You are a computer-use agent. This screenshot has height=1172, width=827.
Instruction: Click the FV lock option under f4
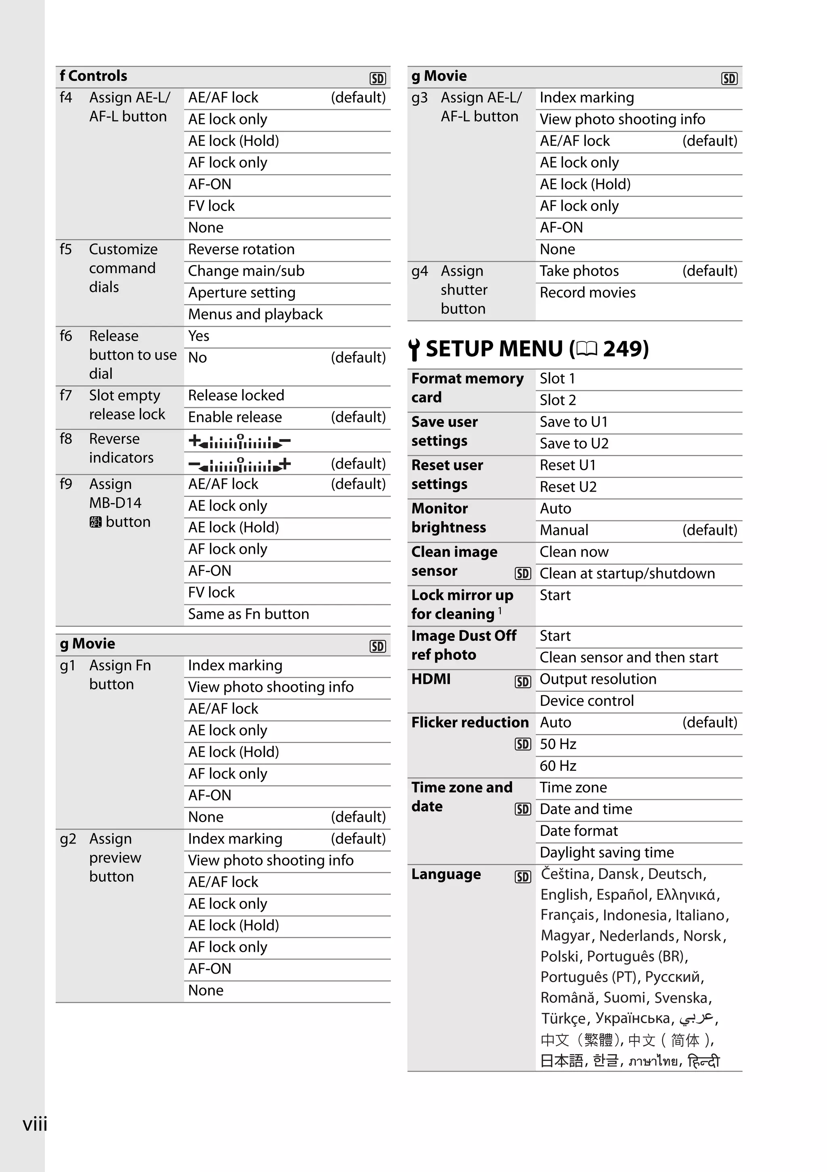pyautogui.click(x=211, y=206)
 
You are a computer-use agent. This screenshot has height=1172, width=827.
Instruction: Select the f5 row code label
pyautogui.click(x=66, y=250)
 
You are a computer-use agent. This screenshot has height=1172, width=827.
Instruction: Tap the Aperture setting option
pyautogui.click(x=241, y=293)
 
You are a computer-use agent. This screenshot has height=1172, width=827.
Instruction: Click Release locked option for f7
pyautogui.click(x=236, y=396)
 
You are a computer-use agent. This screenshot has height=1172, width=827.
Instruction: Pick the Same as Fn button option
pyautogui.click(x=248, y=614)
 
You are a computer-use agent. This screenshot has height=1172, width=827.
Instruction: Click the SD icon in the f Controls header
pyautogui.click(x=378, y=79)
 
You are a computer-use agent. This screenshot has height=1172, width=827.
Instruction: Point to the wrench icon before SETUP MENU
pyautogui.click(x=414, y=349)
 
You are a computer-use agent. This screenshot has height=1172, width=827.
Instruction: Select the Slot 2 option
pyautogui.click(x=558, y=400)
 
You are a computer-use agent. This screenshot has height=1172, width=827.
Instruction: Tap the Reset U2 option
pyautogui.click(x=568, y=487)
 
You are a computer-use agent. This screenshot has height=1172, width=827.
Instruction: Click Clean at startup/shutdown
pyautogui.click(x=627, y=574)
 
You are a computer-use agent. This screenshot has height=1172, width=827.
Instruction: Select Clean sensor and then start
pyautogui.click(x=629, y=657)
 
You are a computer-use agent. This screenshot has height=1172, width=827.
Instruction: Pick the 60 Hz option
pyautogui.click(x=558, y=766)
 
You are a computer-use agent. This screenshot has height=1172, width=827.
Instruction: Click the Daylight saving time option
pyautogui.click(x=607, y=852)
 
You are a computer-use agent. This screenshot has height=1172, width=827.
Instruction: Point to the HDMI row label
pyautogui.click(x=431, y=680)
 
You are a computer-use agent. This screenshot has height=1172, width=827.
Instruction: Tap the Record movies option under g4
pyautogui.click(x=587, y=293)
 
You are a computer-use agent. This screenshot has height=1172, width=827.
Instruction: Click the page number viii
pyautogui.click(x=35, y=1124)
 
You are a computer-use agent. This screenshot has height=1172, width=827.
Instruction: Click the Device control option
pyautogui.click(x=587, y=701)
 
